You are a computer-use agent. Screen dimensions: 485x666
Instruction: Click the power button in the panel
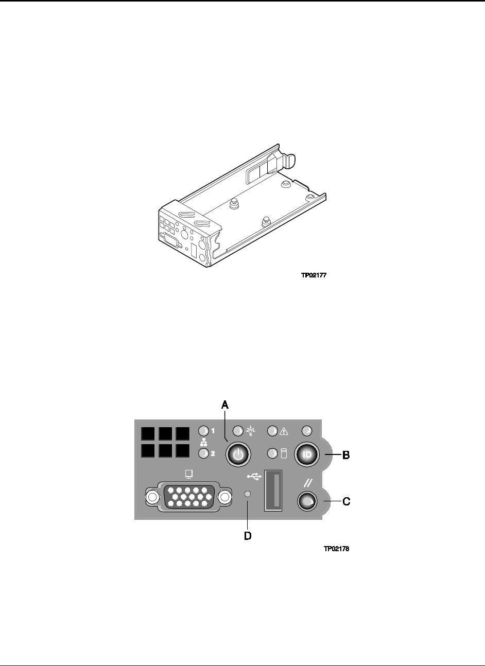point(238,454)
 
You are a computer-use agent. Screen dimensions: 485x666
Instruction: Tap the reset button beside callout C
point(307,501)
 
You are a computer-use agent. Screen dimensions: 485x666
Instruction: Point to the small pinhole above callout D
point(247,494)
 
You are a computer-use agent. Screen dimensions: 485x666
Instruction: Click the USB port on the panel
point(273,490)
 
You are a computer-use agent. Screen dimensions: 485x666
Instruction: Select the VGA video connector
point(189,497)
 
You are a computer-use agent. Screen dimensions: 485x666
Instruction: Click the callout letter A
point(225,405)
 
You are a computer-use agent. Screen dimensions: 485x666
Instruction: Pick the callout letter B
point(346,455)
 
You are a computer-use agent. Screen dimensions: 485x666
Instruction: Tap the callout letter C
point(347,501)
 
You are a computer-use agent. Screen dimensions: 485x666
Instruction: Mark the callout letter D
point(248,536)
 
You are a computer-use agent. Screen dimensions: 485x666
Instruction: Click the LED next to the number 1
point(204,431)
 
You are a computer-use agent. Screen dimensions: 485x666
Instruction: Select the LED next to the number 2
point(204,453)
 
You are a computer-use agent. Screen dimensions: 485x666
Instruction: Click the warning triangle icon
point(283,431)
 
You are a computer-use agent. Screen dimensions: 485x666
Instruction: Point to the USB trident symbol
point(254,477)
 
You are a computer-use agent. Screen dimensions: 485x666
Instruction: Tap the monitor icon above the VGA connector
point(189,474)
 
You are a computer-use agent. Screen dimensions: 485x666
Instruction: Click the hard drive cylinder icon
point(284,454)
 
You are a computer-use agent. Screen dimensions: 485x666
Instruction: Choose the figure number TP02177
point(314,275)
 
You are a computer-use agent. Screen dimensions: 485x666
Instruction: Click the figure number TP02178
point(336,549)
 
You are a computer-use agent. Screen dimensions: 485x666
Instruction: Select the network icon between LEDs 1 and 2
point(204,443)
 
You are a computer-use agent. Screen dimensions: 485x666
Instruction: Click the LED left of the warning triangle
point(272,431)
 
